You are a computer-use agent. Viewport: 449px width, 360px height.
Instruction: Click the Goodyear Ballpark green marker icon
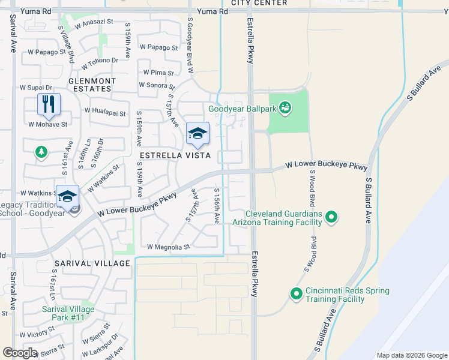[x=285, y=108]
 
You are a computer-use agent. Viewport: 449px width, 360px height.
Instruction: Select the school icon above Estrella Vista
[x=197, y=133]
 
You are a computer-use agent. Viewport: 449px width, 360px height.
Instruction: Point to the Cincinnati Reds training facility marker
[x=296, y=294]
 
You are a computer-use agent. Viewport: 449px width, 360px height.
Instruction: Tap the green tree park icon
[x=41, y=152]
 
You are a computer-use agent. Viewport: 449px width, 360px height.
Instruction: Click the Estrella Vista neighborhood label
[x=175, y=155]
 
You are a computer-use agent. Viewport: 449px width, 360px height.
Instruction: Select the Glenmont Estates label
[x=90, y=85]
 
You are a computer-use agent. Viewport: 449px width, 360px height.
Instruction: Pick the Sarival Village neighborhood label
[x=92, y=263]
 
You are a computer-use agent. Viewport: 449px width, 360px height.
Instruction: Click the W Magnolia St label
[x=168, y=247]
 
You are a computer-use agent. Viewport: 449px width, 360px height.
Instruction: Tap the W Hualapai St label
[x=106, y=112]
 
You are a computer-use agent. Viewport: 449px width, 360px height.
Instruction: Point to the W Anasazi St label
[x=94, y=22]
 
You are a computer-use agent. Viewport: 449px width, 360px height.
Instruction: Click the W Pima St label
[x=158, y=73]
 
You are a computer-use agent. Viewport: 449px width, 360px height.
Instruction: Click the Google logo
[x=20, y=353]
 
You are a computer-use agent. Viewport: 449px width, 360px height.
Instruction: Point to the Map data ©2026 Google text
[x=411, y=355]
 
